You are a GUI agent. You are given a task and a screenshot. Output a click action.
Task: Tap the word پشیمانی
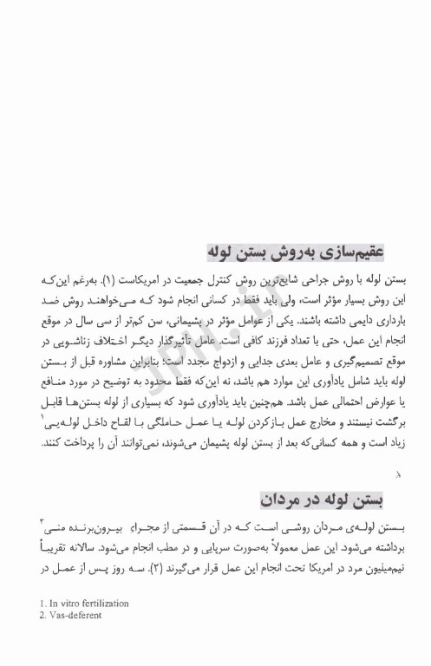tap(199, 319)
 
